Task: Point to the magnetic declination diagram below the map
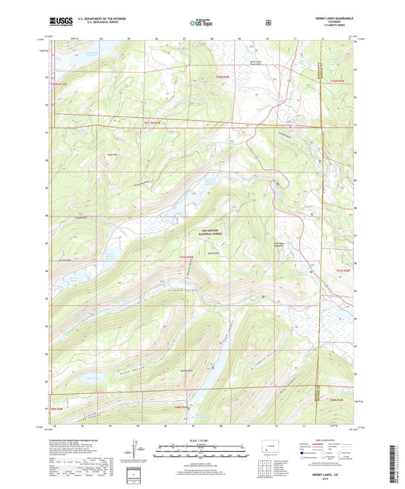[136, 449]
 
